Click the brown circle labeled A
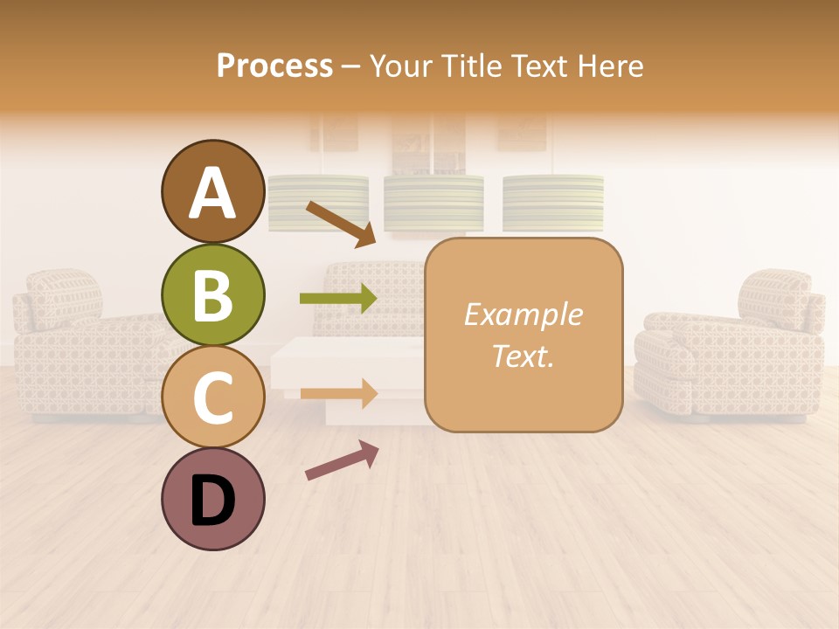pos(212,191)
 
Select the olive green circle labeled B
pos(212,294)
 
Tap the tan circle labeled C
pos(212,397)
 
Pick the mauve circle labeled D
pos(212,499)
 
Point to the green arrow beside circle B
pos(338,299)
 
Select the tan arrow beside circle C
pos(338,393)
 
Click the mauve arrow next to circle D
pos(341,460)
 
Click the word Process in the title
pos(274,66)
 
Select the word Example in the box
pos(523,314)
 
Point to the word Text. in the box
pos(523,356)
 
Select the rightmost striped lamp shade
pos(553,203)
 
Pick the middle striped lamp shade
pos(433,203)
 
